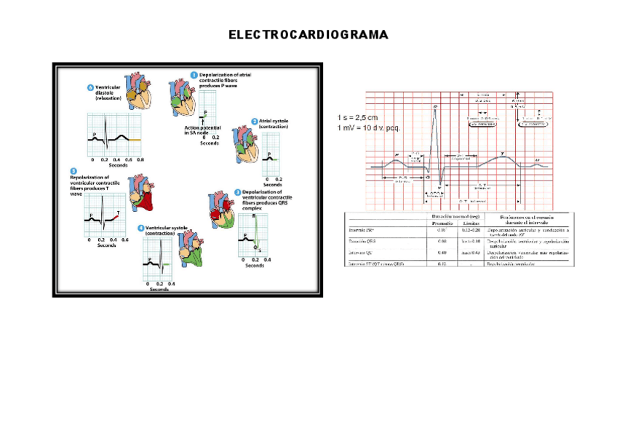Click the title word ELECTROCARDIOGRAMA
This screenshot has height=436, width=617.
coord(308,35)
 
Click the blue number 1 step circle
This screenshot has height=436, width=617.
coord(194,74)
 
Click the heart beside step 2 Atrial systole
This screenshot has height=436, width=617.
coord(243,143)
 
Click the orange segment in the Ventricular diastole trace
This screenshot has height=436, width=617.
coord(135,138)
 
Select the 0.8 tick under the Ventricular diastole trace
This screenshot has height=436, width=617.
coord(140,159)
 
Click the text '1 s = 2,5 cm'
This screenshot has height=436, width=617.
coord(358,118)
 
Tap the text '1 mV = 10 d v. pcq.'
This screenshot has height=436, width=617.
coord(370,128)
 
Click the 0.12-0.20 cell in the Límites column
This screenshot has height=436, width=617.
coord(471,231)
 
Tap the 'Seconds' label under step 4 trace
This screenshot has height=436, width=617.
coord(160,289)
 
